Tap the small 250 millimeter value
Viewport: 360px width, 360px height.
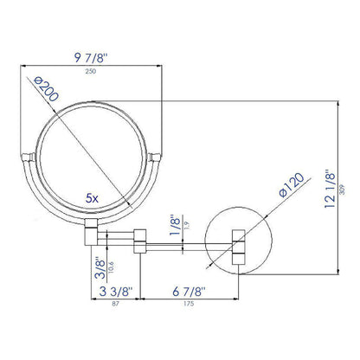[x=92, y=72]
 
